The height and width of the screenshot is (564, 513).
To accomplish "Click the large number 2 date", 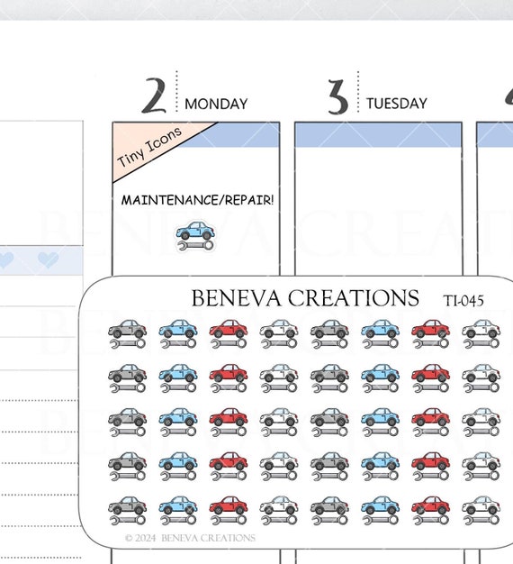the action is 154,96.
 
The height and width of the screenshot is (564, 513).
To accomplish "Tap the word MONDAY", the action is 216,104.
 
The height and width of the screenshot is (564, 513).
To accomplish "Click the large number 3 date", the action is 337,97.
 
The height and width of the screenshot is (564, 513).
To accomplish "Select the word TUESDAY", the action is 397,104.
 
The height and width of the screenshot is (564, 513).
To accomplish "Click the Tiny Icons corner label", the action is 149,147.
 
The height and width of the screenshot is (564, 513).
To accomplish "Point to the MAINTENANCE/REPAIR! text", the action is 197,200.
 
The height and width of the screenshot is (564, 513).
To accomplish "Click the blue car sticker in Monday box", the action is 195,231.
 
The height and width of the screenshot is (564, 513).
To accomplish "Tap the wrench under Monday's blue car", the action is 195,246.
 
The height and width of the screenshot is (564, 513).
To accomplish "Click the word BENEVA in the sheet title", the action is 236,298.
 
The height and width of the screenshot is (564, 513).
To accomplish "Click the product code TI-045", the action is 463,301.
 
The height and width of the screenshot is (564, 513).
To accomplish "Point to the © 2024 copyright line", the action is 190,538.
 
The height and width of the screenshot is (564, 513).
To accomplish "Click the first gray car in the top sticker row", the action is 127,329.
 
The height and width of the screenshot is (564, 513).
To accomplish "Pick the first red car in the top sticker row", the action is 229,329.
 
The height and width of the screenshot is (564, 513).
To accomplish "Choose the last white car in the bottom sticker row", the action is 481,505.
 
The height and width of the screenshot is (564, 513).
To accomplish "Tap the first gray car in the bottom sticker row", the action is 127,505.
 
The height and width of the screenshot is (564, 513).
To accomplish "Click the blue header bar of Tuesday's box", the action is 378,135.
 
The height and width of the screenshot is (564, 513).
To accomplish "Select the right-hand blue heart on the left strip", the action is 48,259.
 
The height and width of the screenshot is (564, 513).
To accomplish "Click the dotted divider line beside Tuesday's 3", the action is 358,92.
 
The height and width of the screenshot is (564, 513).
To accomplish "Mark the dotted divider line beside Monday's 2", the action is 176,92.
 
